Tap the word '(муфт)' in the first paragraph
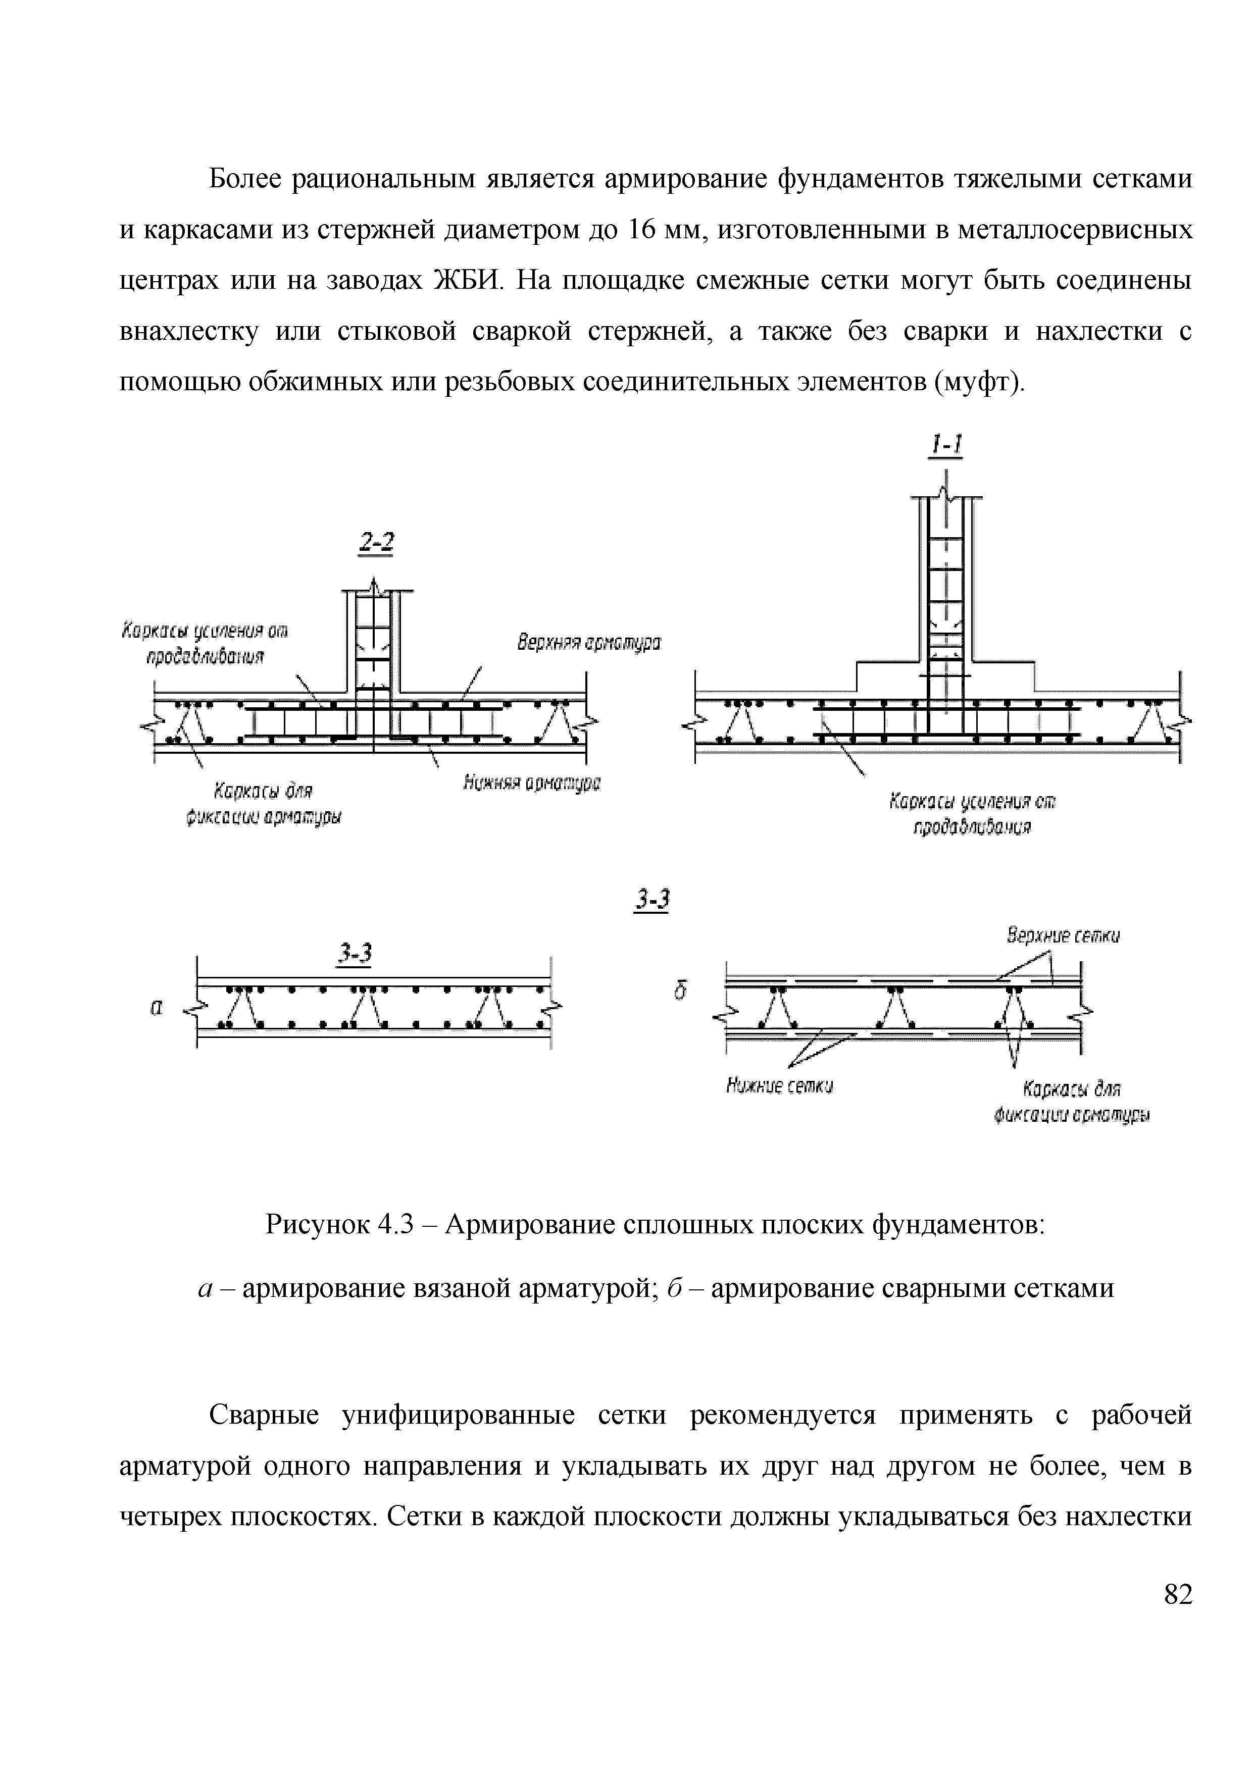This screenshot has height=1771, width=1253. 979,382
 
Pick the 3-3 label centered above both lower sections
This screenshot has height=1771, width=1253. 652,900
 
